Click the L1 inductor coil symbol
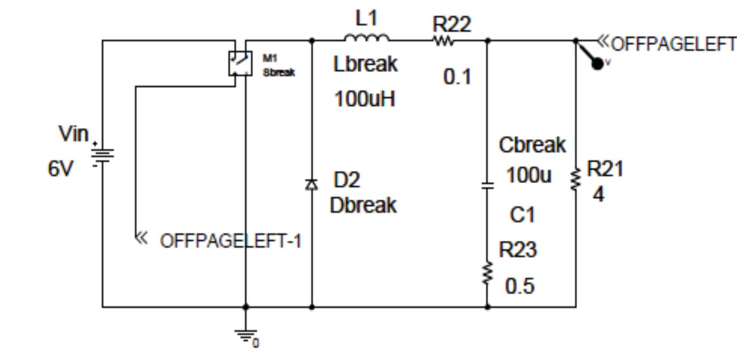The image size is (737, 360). click(366, 39)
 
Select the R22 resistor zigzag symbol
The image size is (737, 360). click(443, 41)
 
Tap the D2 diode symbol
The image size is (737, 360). click(312, 184)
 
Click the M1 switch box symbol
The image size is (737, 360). click(240, 63)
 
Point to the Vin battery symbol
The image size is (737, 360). click(102, 155)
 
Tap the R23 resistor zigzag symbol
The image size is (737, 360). click(487, 273)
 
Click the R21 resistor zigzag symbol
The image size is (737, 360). click(576, 180)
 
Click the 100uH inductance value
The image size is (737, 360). click(365, 99)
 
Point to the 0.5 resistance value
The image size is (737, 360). click(520, 286)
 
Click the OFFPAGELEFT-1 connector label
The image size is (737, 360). click(230, 241)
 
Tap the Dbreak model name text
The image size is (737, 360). click(363, 205)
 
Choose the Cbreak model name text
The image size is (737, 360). click(532, 145)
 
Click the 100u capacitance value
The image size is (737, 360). click(529, 175)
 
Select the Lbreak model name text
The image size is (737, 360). click(365, 64)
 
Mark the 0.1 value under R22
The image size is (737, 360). click(457, 77)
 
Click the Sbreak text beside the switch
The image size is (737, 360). click(279, 72)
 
